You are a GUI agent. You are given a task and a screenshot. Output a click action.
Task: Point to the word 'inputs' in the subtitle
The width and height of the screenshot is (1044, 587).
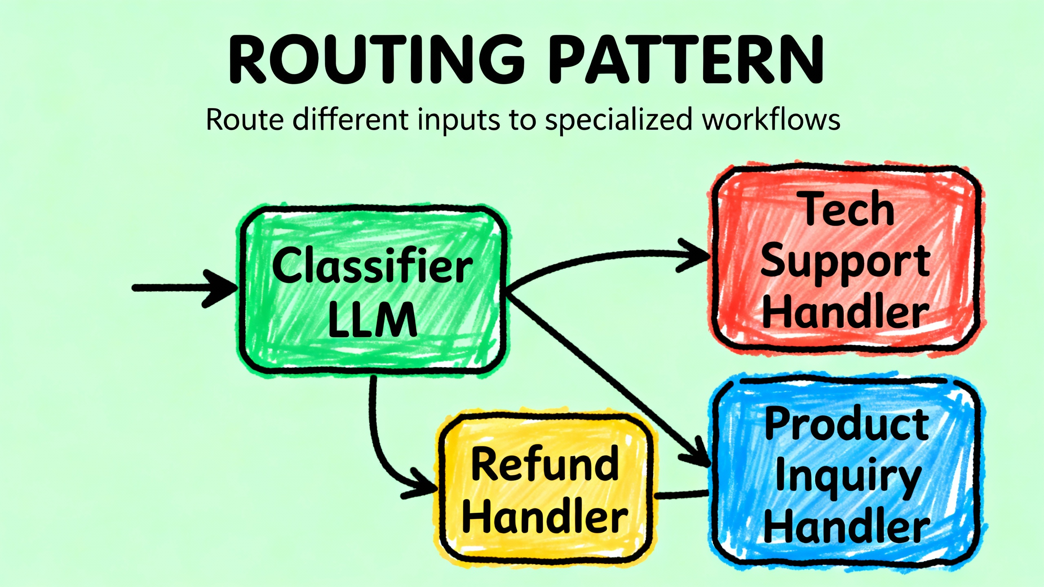point(459,121)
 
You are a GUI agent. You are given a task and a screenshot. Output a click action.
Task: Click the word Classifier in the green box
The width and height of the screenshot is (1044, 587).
point(372,265)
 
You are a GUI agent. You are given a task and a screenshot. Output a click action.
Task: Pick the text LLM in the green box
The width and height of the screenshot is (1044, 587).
point(372,320)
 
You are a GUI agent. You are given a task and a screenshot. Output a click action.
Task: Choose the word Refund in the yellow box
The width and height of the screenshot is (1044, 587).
point(545,464)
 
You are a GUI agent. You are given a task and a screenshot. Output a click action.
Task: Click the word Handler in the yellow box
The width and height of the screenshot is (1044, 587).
point(545,517)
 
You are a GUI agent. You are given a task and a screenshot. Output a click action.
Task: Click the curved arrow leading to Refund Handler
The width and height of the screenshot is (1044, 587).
point(379,448)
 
